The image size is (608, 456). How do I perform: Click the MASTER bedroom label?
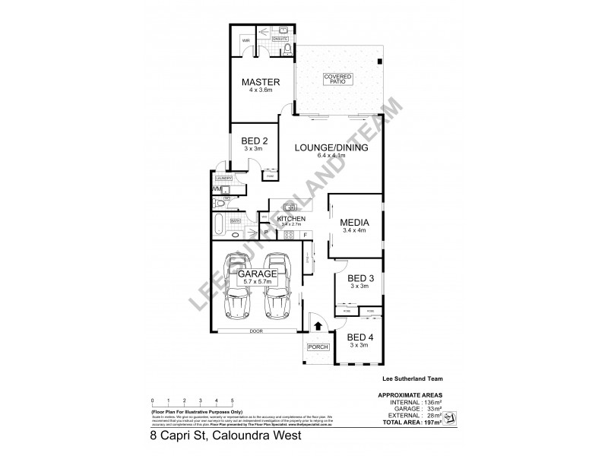point(261,82)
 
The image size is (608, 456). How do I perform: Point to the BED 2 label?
point(255,141)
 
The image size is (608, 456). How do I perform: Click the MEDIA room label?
point(355,223)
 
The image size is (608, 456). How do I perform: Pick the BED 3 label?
point(357,278)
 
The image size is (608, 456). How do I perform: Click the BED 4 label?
point(357,337)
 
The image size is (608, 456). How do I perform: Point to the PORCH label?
point(316,347)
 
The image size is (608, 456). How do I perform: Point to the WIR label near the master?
point(247,41)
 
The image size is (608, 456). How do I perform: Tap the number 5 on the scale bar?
point(231,399)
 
